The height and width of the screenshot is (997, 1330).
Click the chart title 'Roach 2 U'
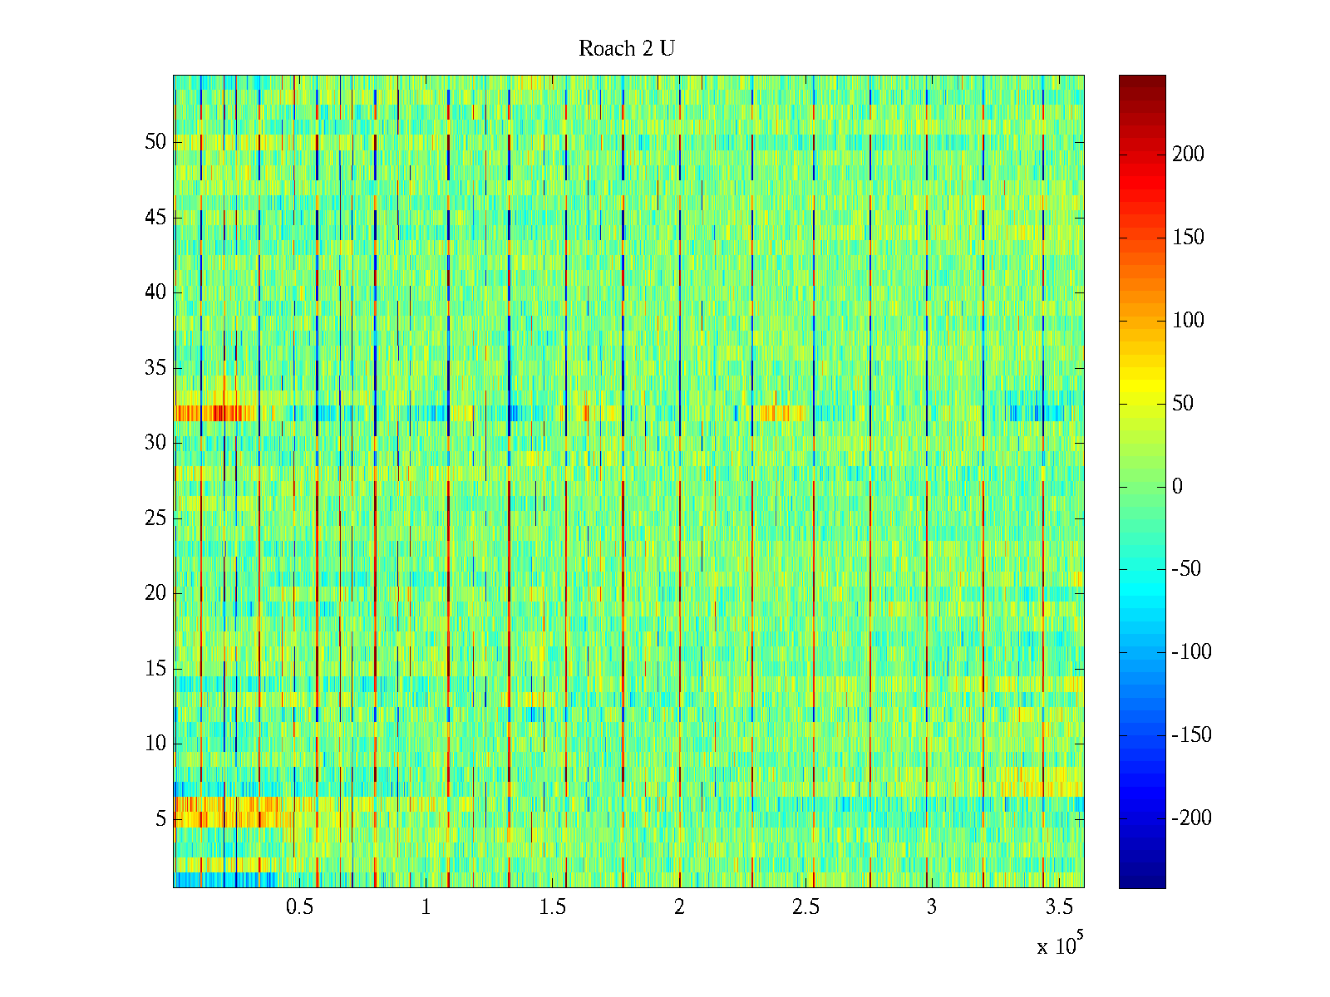click(627, 49)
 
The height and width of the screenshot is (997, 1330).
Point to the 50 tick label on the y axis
click(155, 142)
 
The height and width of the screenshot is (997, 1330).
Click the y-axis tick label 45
click(155, 218)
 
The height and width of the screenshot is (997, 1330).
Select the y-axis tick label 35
click(155, 368)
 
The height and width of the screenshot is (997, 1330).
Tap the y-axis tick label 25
click(155, 518)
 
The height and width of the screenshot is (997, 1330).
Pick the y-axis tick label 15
click(155, 669)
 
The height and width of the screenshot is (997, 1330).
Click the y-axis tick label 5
click(160, 819)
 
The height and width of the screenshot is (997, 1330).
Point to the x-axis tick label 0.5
click(300, 907)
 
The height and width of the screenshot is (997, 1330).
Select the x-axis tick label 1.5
click(553, 907)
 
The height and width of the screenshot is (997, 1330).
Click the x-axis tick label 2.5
click(805, 907)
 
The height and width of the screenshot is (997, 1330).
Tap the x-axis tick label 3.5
click(1058, 907)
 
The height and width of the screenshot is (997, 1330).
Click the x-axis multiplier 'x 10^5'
click(1059, 945)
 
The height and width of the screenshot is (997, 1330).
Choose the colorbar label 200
click(1188, 155)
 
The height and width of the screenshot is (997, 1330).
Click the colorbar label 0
click(1177, 487)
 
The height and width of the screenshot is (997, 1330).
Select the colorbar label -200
click(1191, 818)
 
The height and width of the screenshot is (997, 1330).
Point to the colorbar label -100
click(1191, 652)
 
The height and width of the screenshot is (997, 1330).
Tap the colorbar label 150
click(1188, 238)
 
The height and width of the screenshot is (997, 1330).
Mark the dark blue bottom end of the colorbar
click(1142, 882)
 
